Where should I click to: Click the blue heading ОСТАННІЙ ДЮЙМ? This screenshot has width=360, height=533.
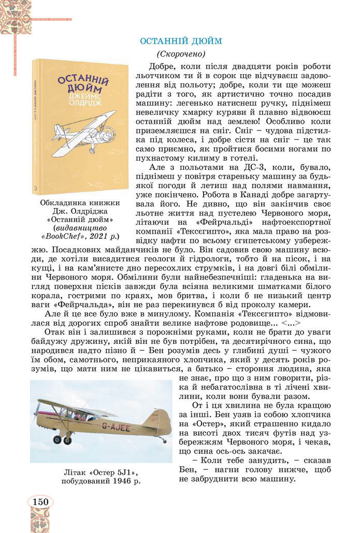[x=181, y=40]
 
